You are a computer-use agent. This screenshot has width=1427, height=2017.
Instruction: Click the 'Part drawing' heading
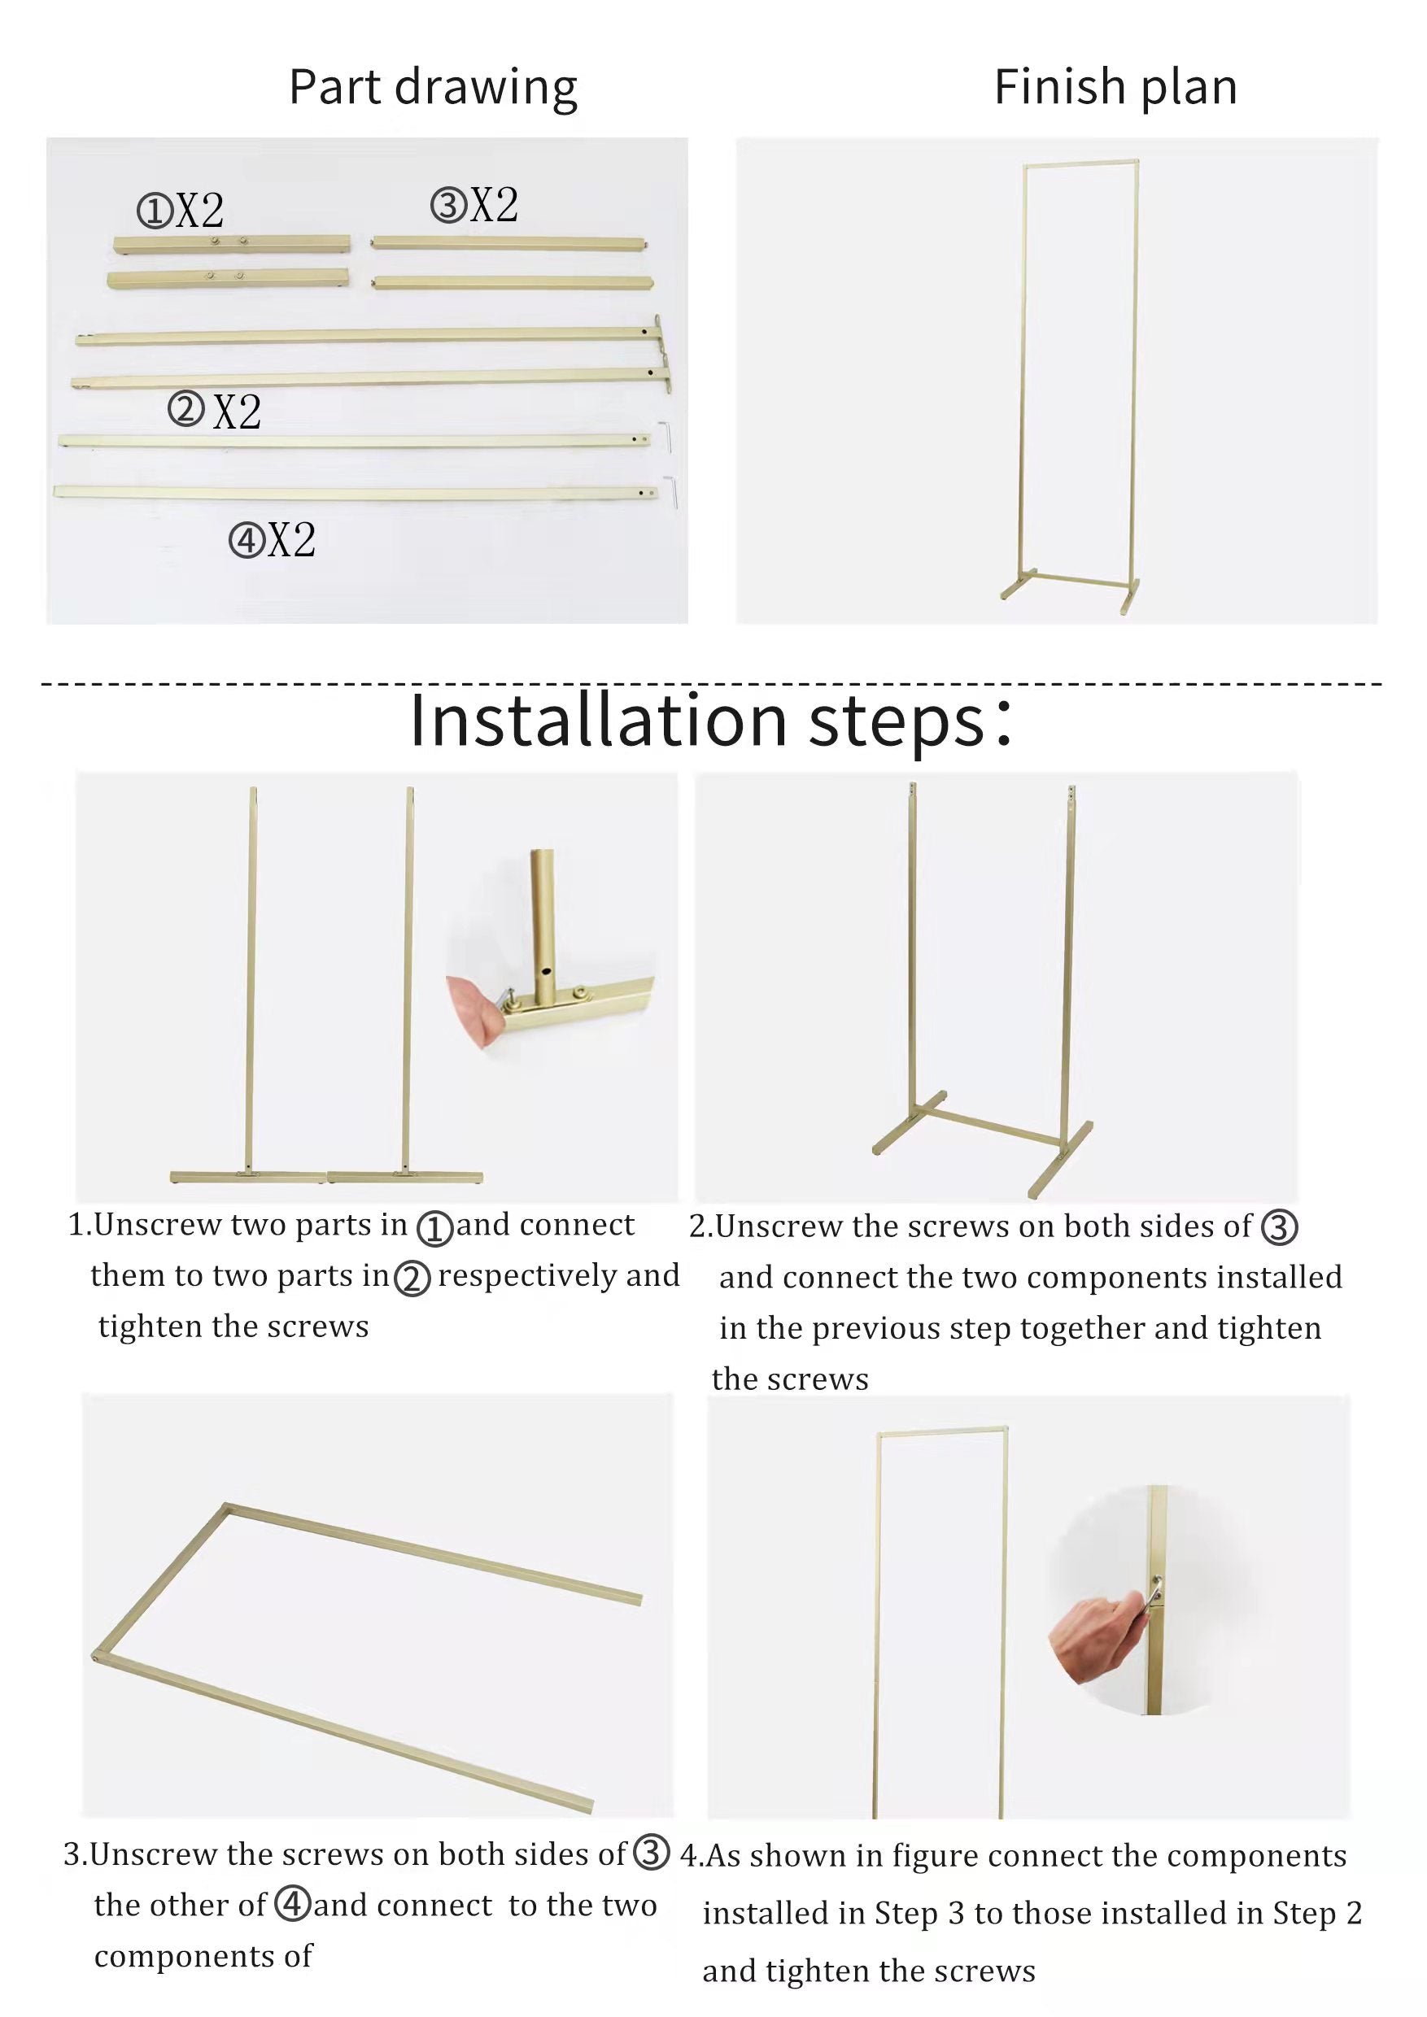(x=433, y=89)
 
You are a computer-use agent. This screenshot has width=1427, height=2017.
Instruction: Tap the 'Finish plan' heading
(x=1116, y=87)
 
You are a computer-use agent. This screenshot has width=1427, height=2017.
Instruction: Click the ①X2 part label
(x=181, y=211)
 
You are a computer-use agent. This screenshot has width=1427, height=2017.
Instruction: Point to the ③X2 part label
(x=474, y=206)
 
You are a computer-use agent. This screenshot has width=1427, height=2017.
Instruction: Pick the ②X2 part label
(x=216, y=410)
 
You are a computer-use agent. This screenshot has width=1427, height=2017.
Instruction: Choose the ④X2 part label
(x=273, y=539)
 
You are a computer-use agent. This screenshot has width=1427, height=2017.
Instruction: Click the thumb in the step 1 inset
(x=473, y=1008)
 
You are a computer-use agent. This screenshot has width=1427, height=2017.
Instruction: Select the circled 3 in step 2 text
(x=1280, y=1227)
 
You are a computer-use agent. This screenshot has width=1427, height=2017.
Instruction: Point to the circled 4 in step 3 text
(x=293, y=1904)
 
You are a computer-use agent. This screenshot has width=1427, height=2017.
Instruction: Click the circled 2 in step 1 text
(x=412, y=1279)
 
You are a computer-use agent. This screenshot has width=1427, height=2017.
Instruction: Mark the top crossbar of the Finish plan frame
(x=1080, y=163)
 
